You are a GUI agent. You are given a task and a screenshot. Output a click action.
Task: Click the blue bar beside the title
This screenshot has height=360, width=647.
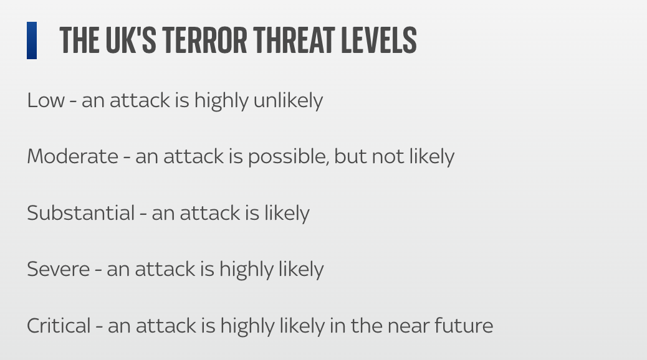tap(32, 40)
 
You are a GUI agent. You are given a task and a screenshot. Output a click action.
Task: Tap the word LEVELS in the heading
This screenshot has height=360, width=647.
tap(379, 40)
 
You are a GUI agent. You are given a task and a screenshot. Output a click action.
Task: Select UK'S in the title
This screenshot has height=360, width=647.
tap(131, 40)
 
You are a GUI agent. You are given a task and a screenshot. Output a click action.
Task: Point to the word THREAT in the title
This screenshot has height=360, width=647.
tap(295, 40)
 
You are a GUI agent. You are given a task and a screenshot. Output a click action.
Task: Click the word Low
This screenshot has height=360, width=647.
tap(46, 100)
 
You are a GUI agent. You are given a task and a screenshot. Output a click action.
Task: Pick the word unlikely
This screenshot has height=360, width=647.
tap(288, 101)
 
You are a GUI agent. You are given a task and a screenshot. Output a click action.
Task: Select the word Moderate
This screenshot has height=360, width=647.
tap(73, 156)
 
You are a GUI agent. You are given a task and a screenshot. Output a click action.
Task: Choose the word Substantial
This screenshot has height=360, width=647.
tap(81, 213)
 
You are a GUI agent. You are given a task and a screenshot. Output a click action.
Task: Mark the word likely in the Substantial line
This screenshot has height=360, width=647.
tap(287, 214)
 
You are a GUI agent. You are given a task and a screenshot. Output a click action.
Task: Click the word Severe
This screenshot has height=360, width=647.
tap(58, 269)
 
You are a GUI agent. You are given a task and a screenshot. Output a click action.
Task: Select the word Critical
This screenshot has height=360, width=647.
tap(59, 326)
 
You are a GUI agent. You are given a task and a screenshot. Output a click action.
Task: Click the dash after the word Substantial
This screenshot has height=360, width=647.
tap(143, 214)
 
